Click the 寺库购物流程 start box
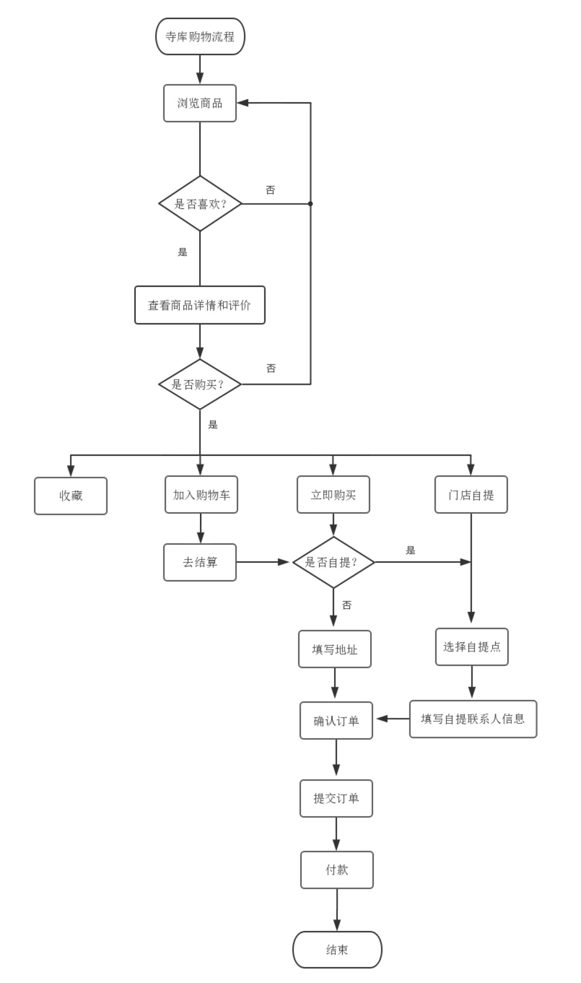point(200,37)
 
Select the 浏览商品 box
point(199,103)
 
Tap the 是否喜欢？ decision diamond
point(200,203)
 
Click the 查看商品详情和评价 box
point(199,305)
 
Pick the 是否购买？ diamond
point(199,384)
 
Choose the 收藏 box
point(71,496)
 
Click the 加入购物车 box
point(201,495)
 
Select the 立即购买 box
point(333,495)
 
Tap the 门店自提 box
point(471,495)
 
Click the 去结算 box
point(199,562)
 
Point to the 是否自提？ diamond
point(333,562)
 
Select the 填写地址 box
point(335,649)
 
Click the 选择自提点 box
point(471,647)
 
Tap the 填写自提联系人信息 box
point(473,719)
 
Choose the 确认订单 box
point(336,721)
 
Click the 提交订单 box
point(336,799)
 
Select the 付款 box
point(336,870)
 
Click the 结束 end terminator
point(337,950)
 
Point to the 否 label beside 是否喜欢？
point(270,190)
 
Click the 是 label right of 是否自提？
point(410,550)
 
